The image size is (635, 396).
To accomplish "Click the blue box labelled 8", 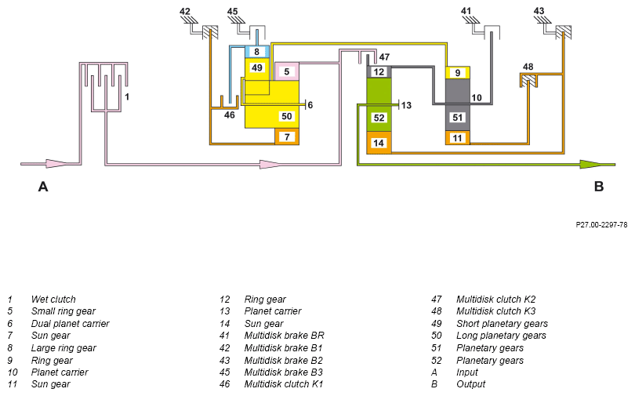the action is (x=257, y=52).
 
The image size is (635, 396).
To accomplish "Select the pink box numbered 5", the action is (x=287, y=71).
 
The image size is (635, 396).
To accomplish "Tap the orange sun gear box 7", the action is (x=287, y=137).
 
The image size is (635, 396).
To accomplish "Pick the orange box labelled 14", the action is (x=379, y=143).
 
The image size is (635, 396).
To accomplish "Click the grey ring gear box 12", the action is (x=379, y=72).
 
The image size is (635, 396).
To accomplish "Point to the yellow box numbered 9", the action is (x=458, y=73).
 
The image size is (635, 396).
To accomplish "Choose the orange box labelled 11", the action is (x=458, y=138).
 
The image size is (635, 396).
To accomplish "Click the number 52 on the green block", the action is (x=379, y=118).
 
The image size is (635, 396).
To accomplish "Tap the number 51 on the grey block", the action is (x=458, y=118).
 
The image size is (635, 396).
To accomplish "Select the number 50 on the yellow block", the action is (x=287, y=116).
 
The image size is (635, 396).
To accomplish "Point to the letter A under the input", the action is (x=43, y=187).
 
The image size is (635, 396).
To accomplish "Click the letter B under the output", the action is (x=599, y=187).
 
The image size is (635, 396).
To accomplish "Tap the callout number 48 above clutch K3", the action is (x=528, y=67).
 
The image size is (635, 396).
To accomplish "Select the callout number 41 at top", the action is (x=466, y=11).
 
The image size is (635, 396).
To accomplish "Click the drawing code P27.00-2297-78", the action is (x=601, y=225).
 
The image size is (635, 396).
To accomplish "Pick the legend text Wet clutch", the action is (x=53, y=300).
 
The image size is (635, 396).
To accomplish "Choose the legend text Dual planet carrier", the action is (x=70, y=324).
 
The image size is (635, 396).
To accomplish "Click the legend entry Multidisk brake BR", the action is (x=285, y=336).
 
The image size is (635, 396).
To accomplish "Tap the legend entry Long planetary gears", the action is (x=502, y=336).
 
